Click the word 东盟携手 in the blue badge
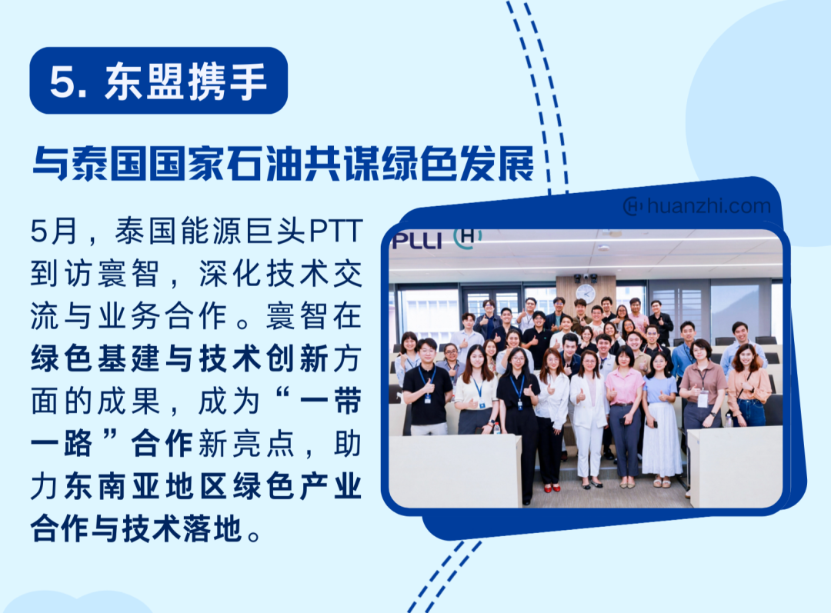186,82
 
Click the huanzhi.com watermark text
709,205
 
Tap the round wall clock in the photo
585,293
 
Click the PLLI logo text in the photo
416,241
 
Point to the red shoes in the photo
552,488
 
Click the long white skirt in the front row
662,439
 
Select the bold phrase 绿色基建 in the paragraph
98,358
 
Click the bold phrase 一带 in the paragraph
331,401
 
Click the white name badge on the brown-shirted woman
703,399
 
